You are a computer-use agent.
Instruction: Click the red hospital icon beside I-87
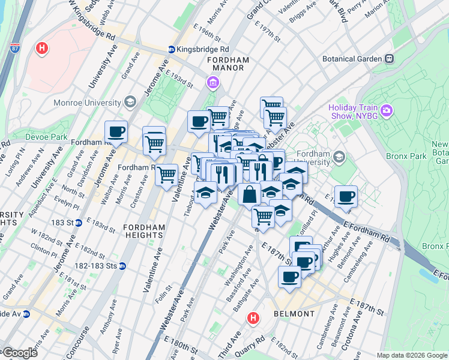(41, 48)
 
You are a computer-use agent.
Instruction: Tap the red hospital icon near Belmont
(254, 318)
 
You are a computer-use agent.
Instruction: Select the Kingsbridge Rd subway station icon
(172, 49)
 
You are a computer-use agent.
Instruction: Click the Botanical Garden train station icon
(389, 59)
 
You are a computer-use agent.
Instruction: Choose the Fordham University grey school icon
(339, 157)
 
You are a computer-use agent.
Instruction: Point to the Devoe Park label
(46, 137)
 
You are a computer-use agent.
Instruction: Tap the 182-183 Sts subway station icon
(122, 265)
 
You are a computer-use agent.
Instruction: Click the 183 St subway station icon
(79, 223)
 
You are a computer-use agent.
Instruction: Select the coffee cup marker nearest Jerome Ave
(116, 132)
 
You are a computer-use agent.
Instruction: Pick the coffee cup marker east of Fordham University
(345, 196)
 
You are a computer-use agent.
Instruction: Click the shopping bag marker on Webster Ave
(249, 194)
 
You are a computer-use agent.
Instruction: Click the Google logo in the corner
(20, 353)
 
